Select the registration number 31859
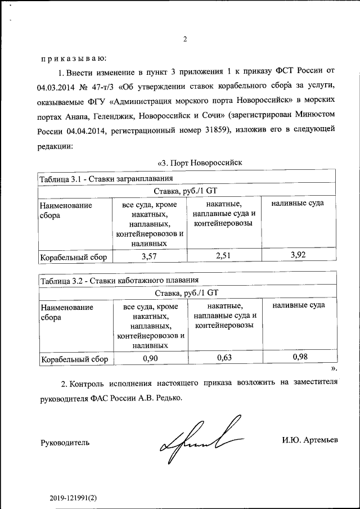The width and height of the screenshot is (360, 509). point(211,132)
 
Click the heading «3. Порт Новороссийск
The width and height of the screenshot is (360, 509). point(199,163)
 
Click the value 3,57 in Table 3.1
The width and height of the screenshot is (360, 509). point(149,256)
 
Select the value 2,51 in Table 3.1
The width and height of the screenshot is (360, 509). point(224,256)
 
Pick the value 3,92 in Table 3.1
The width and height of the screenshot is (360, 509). point(298,255)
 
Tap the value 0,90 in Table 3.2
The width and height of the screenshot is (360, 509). point(149,358)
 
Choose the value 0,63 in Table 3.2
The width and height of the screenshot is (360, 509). point(224,358)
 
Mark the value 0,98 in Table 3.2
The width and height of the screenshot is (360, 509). point(298,357)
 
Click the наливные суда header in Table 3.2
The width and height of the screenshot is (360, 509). point(298,305)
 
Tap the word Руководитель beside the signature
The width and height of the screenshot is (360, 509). point(65,442)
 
